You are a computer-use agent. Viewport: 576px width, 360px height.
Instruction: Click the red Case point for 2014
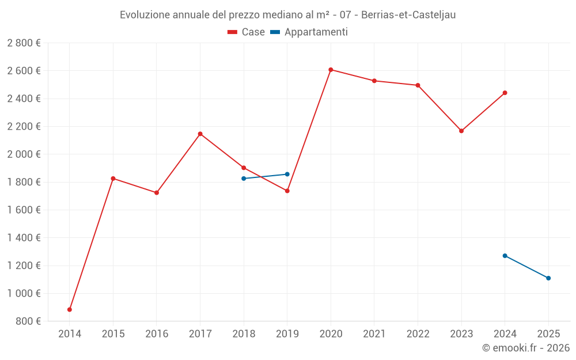(x=70, y=309)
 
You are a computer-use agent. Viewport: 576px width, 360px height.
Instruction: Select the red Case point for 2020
(x=331, y=70)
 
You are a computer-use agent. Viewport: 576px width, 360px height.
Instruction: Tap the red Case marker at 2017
(x=200, y=134)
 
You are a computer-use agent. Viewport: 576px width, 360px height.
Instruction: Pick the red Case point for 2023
(x=461, y=131)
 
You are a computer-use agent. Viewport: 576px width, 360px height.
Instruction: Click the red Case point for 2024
(x=505, y=93)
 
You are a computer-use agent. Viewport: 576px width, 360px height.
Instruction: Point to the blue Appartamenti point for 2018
(x=244, y=179)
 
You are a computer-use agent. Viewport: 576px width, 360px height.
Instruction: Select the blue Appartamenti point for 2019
(x=287, y=174)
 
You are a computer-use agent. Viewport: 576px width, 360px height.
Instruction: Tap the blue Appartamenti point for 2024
(x=505, y=256)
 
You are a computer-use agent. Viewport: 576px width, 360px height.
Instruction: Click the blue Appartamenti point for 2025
(x=548, y=278)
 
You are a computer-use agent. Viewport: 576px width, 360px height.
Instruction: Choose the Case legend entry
(x=247, y=32)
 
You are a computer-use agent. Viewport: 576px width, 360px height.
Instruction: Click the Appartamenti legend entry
(x=309, y=32)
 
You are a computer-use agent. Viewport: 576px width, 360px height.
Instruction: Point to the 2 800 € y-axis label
(x=24, y=43)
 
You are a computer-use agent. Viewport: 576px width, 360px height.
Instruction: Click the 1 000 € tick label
(x=24, y=293)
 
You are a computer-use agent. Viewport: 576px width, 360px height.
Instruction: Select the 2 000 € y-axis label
(x=24, y=154)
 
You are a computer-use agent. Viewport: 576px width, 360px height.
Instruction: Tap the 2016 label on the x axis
(x=157, y=334)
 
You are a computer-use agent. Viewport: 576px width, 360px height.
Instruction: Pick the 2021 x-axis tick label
(x=374, y=334)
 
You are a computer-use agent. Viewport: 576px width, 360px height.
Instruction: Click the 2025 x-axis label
(x=548, y=334)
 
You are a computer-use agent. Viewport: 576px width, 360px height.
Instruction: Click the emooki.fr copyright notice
(x=525, y=348)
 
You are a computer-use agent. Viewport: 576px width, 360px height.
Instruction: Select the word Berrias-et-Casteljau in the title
(x=408, y=15)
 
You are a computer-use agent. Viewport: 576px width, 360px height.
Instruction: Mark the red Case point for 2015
(x=113, y=179)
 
